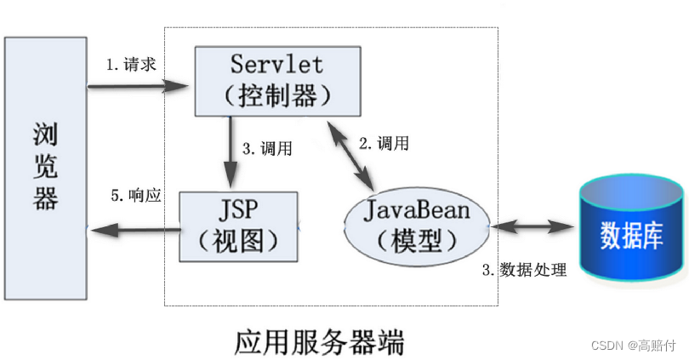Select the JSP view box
point(239,226)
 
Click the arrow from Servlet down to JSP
point(229,153)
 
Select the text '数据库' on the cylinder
point(631,234)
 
